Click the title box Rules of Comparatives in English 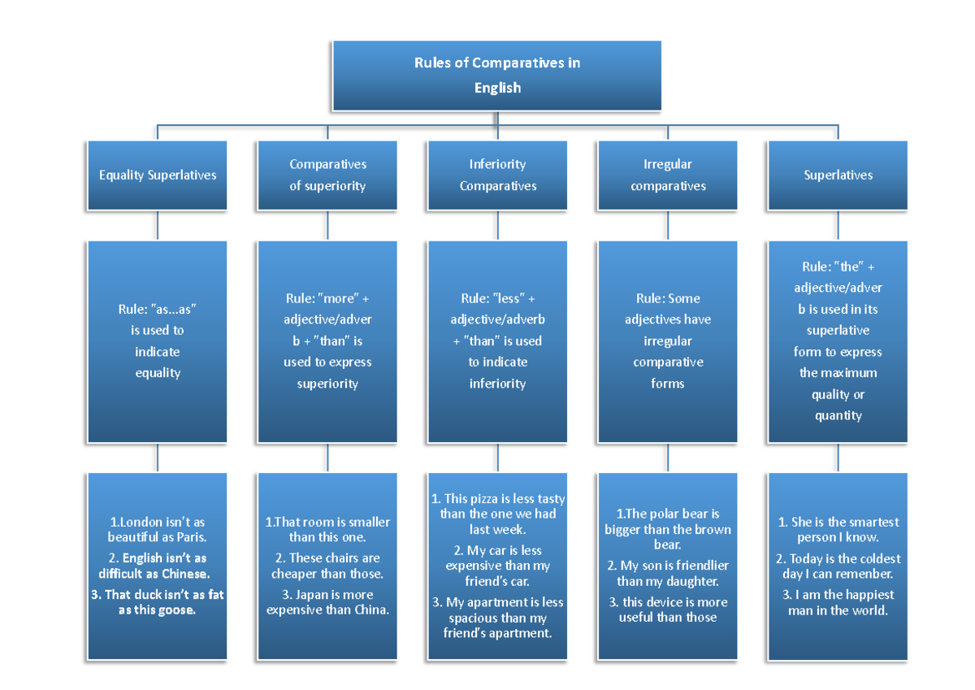pos(496,76)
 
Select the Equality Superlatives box pos(158,175)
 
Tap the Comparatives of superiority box pos(327,175)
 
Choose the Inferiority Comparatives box pos(497,175)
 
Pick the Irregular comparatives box pos(667,175)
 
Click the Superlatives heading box pos(838,175)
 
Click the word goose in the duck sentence pos(179,610)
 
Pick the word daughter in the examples pos(691,581)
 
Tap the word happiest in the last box pos(864,595)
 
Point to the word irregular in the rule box pos(667,341)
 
